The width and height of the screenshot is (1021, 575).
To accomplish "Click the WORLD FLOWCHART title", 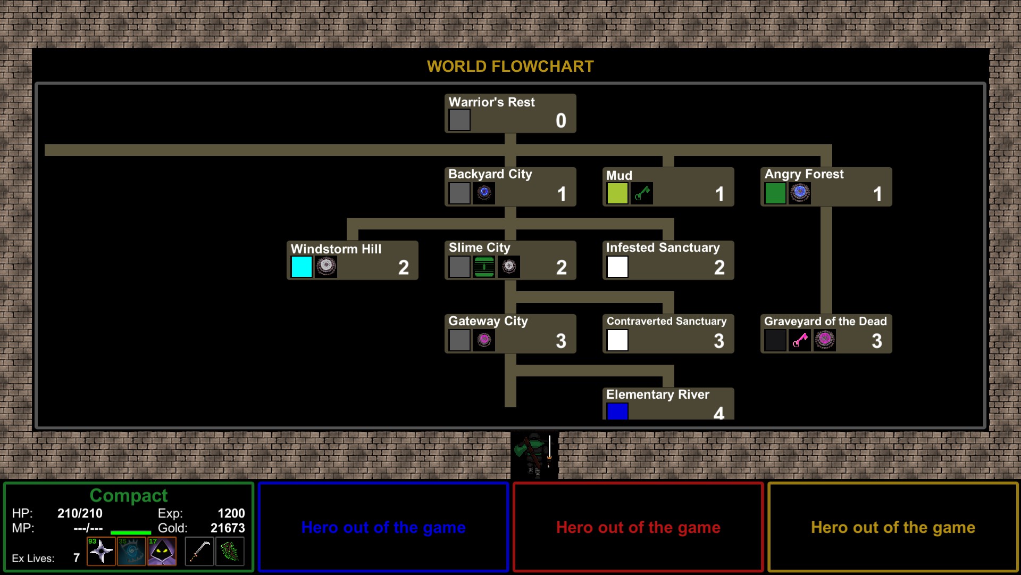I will pyautogui.click(x=510, y=67).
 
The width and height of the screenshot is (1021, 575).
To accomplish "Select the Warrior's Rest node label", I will pyautogui.click(x=491, y=102).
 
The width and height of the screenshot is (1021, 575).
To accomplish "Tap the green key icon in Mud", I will pyautogui.click(x=642, y=193).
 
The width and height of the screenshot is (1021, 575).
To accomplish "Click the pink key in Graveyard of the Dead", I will pyautogui.click(x=800, y=340).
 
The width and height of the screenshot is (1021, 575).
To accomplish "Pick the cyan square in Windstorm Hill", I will pyautogui.click(x=302, y=267).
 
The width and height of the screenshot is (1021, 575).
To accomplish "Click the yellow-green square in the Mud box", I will pyautogui.click(x=617, y=193).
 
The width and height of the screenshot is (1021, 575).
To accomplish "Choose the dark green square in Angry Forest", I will pyautogui.click(x=775, y=193).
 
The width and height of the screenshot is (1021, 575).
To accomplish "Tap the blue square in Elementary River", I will pyautogui.click(x=617, y=412).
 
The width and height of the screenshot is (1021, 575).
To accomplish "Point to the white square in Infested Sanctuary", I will pyautogui.click(x=617, y=267).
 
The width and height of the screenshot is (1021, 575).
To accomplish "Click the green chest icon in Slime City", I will pyautogui.click(x=484, y=267).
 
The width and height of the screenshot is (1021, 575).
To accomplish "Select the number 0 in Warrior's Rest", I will pyautogui.click(x=561, y=121).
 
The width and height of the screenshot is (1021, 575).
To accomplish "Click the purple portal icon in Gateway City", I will pyautogui.click(x=484, y=340).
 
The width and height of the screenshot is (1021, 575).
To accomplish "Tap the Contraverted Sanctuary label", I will pyautogui.click(x=666, y=321).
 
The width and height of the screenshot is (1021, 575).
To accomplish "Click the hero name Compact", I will pyautogui.click(x=129, y=496).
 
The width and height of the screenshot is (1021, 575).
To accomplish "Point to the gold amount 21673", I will pyautogui.click(x=228, y=528).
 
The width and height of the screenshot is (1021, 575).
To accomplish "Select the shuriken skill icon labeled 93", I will pyautogui.click(x=101, y=551).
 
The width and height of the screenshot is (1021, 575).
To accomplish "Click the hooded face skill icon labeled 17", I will pyautogui.click(x=162, y=551).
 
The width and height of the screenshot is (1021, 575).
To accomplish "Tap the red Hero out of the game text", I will pyautogui.click(x=638, y=528).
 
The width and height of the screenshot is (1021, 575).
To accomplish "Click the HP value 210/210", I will pyautogui.click(x=80, y=513).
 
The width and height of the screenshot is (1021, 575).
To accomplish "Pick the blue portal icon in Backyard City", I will pyautogui.click(x=484, y=193).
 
